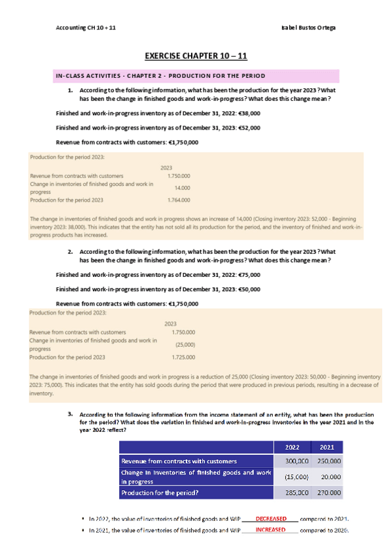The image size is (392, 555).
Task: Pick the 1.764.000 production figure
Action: coord(179,200)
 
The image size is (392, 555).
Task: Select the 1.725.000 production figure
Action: coord(183,357)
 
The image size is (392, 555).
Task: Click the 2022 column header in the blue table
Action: coord(293,447)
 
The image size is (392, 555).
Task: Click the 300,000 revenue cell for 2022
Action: coord(293,461)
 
